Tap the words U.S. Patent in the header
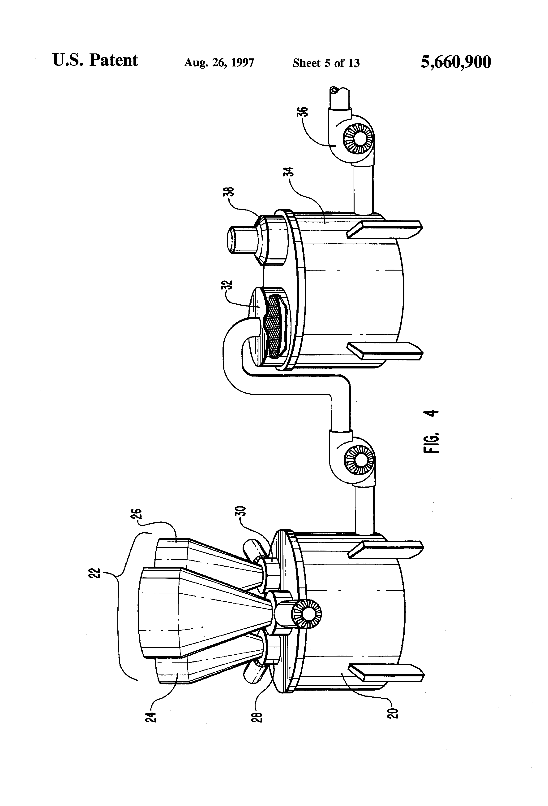tap(95, 60)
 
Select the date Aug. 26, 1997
tap(219, 62)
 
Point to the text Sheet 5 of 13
tap(326, 63)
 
